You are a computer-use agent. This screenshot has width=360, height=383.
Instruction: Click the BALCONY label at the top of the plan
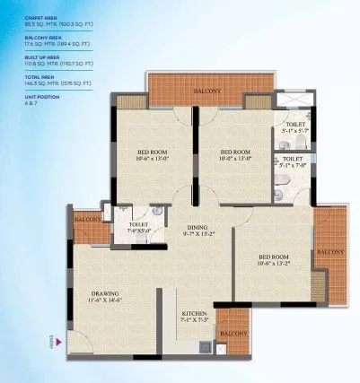(x=209, y=91)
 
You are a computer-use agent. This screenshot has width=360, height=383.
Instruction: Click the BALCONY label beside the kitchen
(x=233, y=334)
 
